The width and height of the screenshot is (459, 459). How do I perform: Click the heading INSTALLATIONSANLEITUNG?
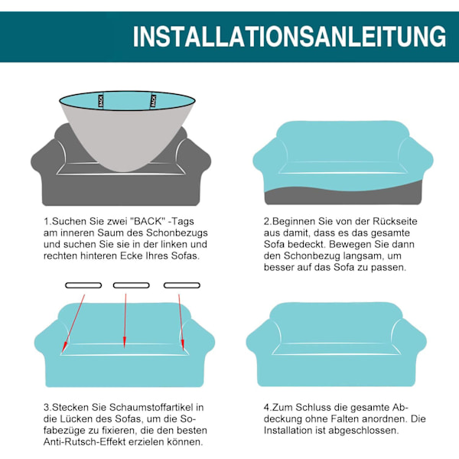[289, 36]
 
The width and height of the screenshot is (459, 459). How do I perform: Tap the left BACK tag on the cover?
[101, 101]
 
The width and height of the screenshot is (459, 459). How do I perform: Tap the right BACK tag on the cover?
[153, 101]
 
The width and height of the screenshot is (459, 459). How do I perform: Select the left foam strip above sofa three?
[83, 285]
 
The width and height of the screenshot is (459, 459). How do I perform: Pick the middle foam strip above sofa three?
[131, 285]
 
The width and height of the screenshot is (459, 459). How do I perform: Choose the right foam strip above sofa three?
[182, 285]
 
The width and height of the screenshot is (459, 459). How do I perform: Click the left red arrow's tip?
[63, 353]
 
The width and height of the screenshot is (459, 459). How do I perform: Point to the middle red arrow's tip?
[125, 348]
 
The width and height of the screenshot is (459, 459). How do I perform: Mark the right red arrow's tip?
[184, 350]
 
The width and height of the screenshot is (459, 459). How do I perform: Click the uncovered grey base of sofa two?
[343, 197]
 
